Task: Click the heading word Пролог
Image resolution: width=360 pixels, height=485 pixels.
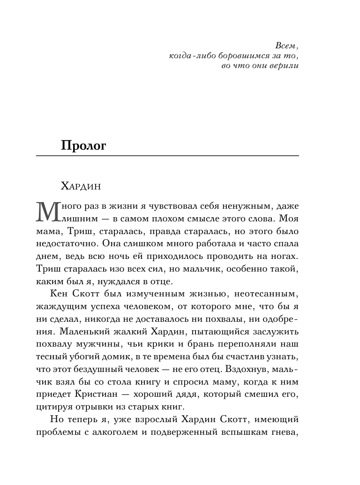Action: click(x=84, y=145)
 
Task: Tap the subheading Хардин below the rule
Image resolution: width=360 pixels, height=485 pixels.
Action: click(x=81, y=186)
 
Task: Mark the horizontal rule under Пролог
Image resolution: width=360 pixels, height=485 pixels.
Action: click(x=167, y=155)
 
